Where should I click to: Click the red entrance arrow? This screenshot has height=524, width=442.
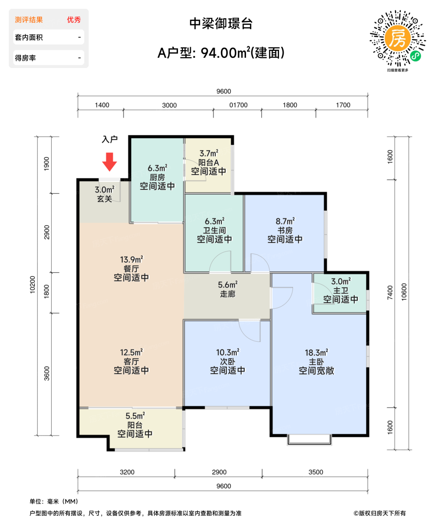(110, 162)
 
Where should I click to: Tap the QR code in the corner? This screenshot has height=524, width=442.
(397, 39)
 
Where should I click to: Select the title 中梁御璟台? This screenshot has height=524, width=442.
(221, 24)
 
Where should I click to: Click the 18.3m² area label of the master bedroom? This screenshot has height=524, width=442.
(316, 353)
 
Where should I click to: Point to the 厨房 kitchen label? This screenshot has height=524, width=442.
(157, 177)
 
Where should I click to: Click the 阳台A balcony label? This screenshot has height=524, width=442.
(209, 163)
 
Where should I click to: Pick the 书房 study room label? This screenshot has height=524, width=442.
(285, 231)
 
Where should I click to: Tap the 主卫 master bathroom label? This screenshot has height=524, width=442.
(340, 290)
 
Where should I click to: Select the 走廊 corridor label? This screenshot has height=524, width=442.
(227, 294)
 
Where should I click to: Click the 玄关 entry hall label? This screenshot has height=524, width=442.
(105, 199)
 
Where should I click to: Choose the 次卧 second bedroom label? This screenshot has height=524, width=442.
(227, 362)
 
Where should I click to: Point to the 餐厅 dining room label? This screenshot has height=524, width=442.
(131, 269)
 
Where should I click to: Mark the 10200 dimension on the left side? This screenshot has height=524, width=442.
(33, 284)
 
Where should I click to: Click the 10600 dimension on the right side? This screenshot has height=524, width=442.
(404, 292)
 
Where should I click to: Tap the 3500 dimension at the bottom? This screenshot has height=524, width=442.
(316, 472)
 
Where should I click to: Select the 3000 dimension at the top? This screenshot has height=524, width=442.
(169, 105)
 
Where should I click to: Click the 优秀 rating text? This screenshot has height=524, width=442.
(74, 20)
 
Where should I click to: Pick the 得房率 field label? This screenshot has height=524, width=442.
(25, 58)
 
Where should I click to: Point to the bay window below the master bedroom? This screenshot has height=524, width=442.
(309, 440)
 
